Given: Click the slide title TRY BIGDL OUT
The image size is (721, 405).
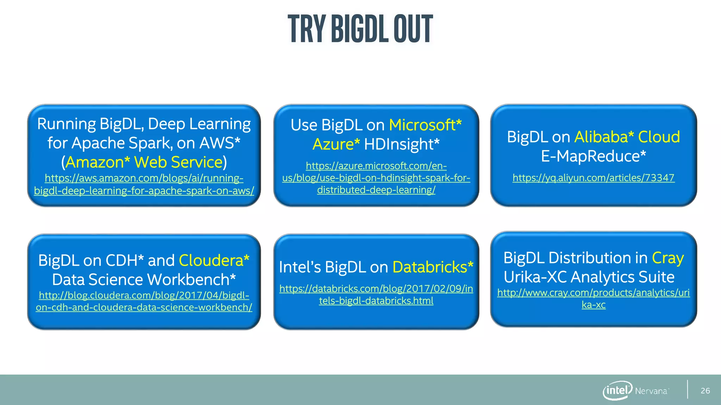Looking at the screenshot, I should point(360,29).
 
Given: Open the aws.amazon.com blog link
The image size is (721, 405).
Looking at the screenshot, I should point(144,184).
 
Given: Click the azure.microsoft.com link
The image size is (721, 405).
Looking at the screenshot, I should point(376,178).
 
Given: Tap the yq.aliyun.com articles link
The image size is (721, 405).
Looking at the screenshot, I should point(593,178).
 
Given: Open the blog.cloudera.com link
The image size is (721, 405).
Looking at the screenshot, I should point(144,301).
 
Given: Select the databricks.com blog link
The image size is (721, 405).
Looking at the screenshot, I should point(376,295).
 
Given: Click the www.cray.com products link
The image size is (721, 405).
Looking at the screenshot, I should point(593,298).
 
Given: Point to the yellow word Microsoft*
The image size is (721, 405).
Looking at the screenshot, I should point(425,125).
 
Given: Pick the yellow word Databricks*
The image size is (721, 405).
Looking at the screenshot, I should point(433,267).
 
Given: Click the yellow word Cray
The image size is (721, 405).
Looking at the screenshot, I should point(667,258).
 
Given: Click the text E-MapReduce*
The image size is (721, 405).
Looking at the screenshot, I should point(593,156).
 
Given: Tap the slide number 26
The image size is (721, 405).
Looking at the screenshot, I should point(705,391).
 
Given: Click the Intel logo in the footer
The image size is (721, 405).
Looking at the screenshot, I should point(617,390).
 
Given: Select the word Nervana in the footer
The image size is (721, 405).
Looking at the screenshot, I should point(651,391).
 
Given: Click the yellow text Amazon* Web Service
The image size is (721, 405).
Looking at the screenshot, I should point(144,162).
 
